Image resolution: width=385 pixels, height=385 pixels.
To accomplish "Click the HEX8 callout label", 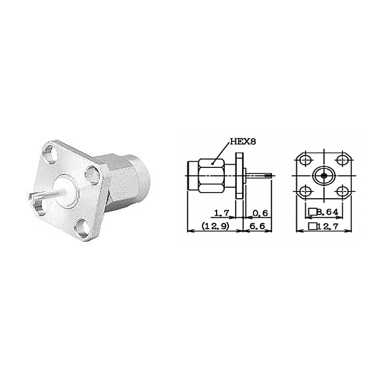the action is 243,142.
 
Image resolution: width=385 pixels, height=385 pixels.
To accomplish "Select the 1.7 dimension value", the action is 221,213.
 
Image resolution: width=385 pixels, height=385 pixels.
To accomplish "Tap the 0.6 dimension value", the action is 260,213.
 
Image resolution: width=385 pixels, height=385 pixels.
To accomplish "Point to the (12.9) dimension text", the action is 215,226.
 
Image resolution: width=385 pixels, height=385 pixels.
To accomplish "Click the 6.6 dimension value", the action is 257,226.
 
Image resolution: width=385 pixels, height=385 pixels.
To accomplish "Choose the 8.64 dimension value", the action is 328,212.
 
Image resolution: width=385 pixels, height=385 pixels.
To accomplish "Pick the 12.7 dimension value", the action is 328,226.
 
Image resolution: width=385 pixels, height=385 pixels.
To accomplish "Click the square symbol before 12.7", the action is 312,226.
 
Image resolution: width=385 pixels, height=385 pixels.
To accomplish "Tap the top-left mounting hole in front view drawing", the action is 306,160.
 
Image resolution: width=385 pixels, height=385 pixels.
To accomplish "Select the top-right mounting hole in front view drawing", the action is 342,160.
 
